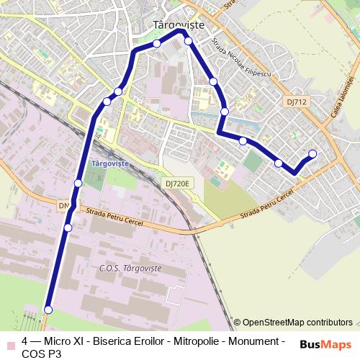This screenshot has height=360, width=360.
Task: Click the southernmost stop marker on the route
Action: point(48,310)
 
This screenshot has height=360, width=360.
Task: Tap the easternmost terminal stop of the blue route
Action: point(312,153)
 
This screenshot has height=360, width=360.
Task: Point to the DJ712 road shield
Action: point(296,102)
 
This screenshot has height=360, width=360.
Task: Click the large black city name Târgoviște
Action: point(179,24)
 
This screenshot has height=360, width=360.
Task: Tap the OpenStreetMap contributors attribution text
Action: point(297,323)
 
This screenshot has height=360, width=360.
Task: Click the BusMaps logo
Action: point(326,345)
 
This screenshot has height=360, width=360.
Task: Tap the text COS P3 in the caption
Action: point(42,354)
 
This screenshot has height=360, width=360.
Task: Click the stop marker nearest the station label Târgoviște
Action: point(78,184)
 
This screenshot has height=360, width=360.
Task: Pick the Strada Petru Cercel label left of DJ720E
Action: point(114,218)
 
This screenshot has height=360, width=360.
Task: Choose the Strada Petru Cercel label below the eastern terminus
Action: point(268,204)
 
